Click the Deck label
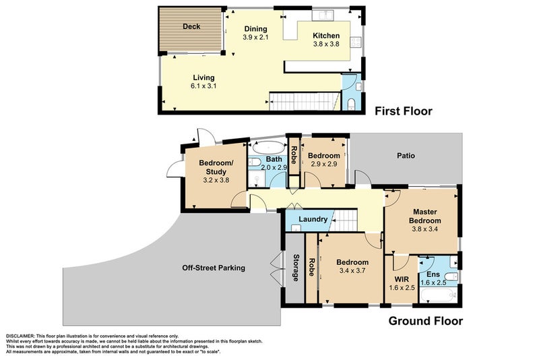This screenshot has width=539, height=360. coord(191,26)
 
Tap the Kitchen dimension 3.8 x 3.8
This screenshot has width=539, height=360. coord(326,44)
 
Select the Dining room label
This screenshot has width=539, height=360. coord(255,29)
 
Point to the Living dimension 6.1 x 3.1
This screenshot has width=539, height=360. coord(203,86)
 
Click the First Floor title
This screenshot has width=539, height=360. coord(403,111)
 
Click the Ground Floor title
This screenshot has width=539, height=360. coord(426,321)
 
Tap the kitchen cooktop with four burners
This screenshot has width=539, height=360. coord(356,42)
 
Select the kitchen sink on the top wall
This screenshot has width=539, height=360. coord(323,16)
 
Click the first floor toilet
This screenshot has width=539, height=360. coord(351,104)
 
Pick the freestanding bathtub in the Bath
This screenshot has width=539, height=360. coord(268,148)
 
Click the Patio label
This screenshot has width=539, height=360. coord(406,156)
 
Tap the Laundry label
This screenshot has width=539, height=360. coord(313,219)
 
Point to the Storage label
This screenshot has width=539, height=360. coord(296,268)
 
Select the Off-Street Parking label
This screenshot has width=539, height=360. coord(214,268)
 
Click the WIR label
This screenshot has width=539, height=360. coord(402,280)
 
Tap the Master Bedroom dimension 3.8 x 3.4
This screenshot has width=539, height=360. coord(425,229)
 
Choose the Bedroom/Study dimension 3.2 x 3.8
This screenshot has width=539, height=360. coord(216,180)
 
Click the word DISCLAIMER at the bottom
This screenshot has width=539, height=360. coord(20,336)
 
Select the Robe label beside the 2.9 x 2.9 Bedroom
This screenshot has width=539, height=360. coord(294,155)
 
